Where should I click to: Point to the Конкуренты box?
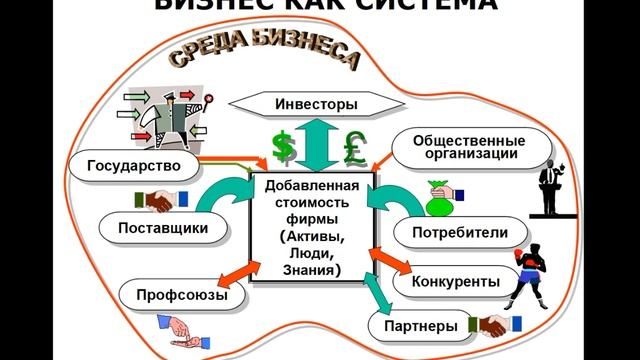455,283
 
